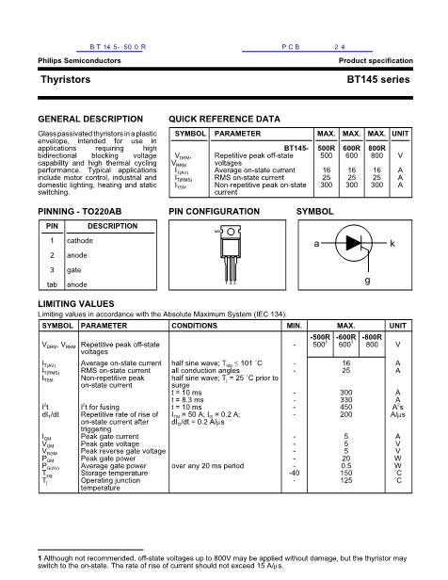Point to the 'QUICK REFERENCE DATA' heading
point(224,120)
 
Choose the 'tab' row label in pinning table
point(53,284)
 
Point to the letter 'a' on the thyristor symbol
point(317,243)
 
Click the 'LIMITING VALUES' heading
point(75,304)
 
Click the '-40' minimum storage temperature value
point(296,474)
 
